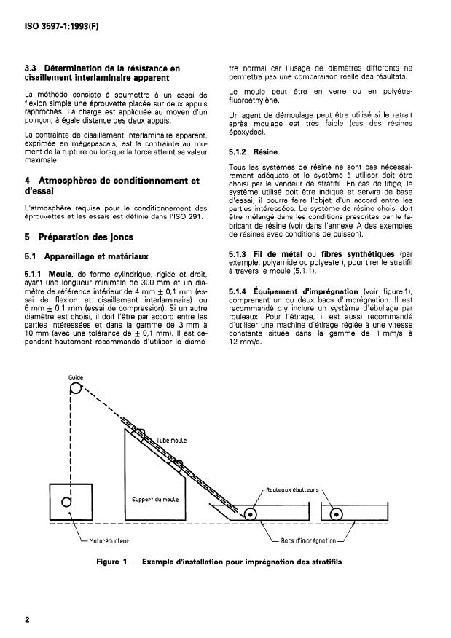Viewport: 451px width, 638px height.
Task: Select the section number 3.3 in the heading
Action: [x=32, y=69]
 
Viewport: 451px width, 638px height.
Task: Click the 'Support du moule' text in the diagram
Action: [x=156, y=499]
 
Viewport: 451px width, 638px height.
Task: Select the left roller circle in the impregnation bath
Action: [x=250, y=513]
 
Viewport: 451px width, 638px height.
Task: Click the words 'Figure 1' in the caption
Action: [x=114, y=562]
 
